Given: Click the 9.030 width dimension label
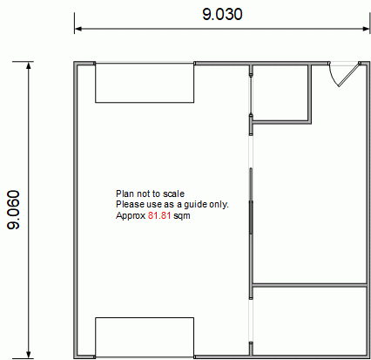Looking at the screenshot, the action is coord(222,14).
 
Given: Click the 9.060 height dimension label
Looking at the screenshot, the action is coord(13,210).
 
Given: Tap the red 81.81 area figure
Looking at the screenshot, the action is coord(159,215).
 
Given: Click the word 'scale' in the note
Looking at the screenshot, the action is coord(173,194).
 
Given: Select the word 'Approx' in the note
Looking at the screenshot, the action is coord(131,216).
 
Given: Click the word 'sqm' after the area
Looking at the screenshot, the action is coord(182,216).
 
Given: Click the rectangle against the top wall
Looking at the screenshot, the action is coord(145,83).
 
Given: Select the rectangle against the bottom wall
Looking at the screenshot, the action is coord(145,337).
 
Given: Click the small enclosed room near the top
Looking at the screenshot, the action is coord(280,92).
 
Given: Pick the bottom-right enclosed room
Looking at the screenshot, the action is coord(309,321).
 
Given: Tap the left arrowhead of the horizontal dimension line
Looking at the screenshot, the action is coord(78,29).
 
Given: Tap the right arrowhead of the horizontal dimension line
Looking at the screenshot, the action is coord(367,29).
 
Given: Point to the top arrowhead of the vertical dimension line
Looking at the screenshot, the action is coord(29,65).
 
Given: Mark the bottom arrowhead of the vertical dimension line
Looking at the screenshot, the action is coord(29,355).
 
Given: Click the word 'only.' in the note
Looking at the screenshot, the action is coord(219,205).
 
